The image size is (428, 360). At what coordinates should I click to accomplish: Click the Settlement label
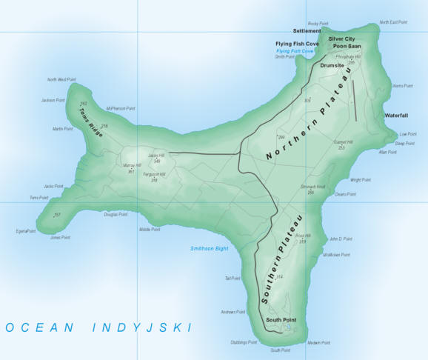pos(307,31)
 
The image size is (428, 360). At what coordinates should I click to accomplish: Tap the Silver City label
pos(342,38)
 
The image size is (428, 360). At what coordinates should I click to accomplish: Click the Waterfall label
pos(396,116)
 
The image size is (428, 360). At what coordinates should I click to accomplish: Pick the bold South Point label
pos(281,320)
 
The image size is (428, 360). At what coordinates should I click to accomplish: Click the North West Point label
pos(61,79)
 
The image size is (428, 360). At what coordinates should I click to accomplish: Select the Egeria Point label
pos(26,231)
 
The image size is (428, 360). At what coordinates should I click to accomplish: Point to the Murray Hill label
pos(131,165)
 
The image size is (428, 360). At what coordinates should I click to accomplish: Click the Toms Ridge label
pos(91,120)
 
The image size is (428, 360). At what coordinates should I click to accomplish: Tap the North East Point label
pos(393,22)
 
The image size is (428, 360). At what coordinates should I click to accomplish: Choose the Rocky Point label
pos(318,24)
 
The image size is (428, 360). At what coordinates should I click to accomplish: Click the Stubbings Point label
pos(243,343)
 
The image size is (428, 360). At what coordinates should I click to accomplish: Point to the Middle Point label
pos(150,230)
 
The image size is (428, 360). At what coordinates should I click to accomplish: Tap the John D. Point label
pos(341,239)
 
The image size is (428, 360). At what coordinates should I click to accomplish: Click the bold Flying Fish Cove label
pos(297,44)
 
